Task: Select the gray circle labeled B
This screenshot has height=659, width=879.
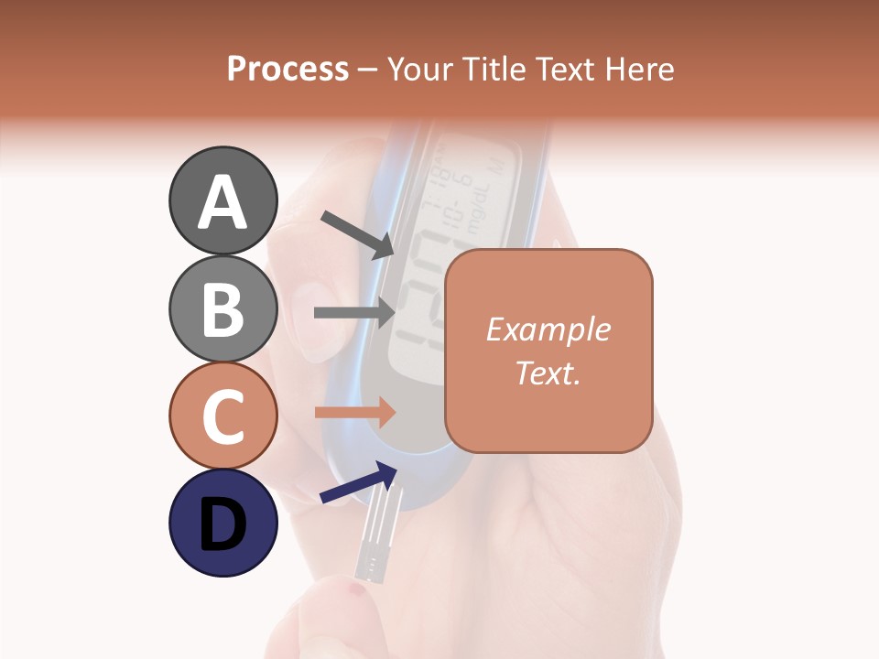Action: [222, 308]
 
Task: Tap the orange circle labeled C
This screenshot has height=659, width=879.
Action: [222, 416]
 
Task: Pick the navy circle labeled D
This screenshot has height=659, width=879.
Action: [222, 523]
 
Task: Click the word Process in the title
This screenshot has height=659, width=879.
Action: [288, 69]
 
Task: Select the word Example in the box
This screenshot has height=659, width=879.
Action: [548, 329]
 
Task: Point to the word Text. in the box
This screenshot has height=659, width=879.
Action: [548, 373]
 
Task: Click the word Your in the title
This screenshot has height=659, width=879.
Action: [421, 69]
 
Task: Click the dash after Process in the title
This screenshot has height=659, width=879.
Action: [368, 70]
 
